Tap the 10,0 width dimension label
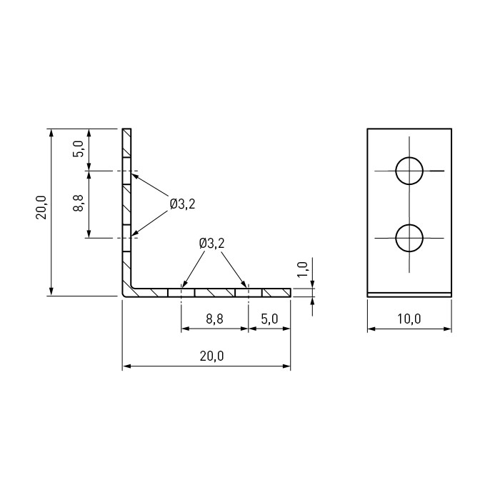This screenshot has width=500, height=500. point(409,319)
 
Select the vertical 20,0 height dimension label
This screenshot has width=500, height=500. point(41,207)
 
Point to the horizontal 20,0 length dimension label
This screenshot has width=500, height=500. point(212,356)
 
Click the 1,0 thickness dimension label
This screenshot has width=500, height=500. point(302,269)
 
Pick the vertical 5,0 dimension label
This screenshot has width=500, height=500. point(79,149)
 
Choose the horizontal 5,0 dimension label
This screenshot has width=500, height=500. point(269,319)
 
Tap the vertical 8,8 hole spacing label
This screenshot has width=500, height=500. point(78,203)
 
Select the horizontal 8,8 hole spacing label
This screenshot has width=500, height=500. point(214,319)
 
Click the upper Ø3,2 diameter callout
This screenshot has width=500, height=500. point(182,204)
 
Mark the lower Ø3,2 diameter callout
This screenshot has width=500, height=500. point(211,244)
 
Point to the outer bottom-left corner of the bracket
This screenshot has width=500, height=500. point(123,296)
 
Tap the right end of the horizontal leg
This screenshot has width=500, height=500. point(291,292)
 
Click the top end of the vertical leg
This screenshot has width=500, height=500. point(126,129)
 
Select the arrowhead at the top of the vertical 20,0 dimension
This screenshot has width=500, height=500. point(51,132)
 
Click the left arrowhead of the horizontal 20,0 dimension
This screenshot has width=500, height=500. point(126,366)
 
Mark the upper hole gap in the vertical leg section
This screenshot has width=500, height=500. point(126,171)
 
